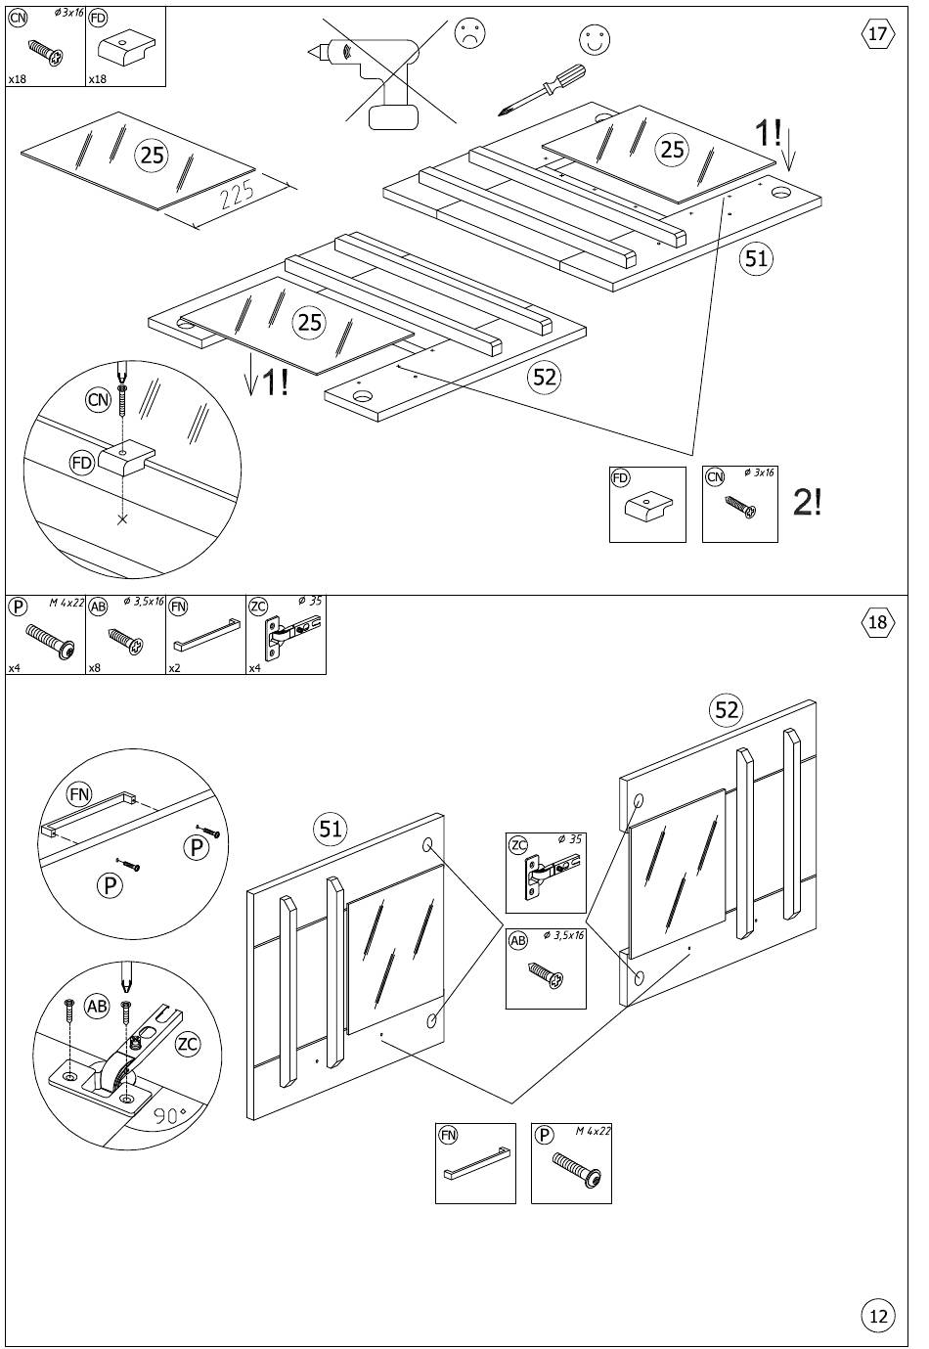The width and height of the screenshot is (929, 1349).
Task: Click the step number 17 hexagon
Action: (878, 33)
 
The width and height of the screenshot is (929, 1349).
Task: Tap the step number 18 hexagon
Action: (878, 622)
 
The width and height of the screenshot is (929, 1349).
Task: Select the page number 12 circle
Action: (878, 1316)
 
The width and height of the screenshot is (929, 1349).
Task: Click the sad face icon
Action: (470, 33)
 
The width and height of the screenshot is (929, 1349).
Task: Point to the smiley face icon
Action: (594, 39)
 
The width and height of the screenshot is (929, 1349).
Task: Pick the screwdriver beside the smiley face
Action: (541, 90)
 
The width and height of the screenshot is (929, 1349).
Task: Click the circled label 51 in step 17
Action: (756, 258)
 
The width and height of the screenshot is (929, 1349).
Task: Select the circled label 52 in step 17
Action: (545, 377)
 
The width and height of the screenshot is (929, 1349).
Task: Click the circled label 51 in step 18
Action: (330, 830)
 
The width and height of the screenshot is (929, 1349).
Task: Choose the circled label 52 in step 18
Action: (727, 710)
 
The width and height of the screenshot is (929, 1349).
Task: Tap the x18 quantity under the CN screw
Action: (17, 79)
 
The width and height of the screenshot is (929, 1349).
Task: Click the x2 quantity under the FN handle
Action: (174, 668)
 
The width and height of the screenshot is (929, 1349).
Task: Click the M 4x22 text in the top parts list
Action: (66, 603)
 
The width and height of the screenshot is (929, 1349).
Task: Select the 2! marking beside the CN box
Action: (807, 502)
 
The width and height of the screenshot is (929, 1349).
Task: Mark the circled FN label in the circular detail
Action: (79, 795)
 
